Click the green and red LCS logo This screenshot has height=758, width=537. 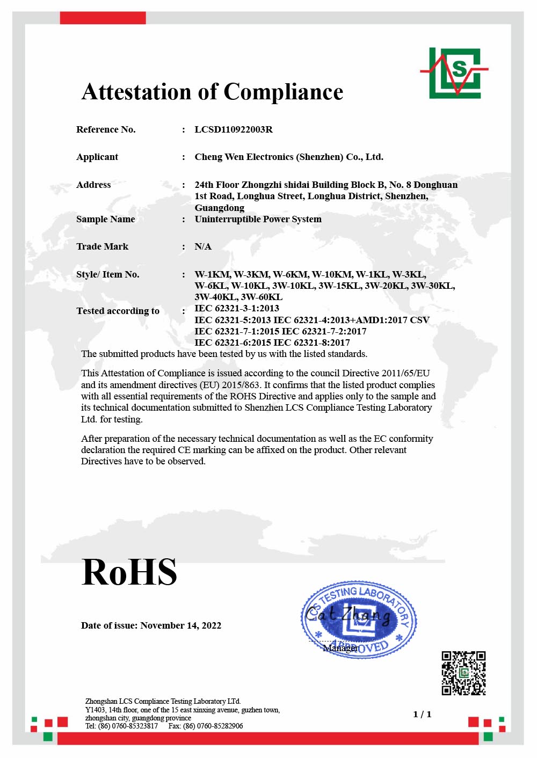[455, 73]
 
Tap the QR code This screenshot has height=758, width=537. [463, 673]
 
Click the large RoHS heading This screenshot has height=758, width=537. [129, 572]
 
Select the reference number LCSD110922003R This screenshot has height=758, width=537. [234, 129]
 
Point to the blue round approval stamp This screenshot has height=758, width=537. [358, 619]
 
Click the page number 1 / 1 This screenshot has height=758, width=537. [422, 714]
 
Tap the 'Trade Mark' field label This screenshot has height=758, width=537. [102, 246]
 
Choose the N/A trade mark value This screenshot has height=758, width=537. [203, 246]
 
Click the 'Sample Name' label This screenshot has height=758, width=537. [105, 219]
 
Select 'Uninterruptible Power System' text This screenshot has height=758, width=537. [258, 219]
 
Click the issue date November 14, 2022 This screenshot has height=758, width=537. [180, 625]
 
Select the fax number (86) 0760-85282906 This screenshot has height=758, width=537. [213, 726]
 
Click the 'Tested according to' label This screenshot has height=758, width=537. [118, 311]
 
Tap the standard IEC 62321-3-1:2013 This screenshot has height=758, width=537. [237, 308]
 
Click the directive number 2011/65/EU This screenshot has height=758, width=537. [405, 373]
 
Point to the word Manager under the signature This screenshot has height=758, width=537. [340, 648]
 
